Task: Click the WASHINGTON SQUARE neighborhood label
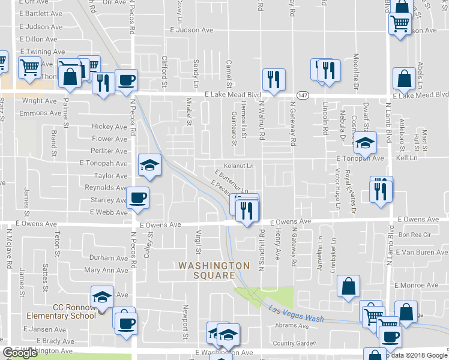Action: (213, 270)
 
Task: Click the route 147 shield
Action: (304, 95)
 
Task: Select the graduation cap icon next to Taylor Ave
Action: (150, 164)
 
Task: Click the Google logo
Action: (20, 353)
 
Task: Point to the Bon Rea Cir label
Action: (411, 235)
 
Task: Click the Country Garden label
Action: (294, 343)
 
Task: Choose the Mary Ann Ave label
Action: (106, 271)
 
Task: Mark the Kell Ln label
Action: (406, 158)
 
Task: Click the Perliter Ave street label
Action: (109, 151)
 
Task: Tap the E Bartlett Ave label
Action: (41, 13)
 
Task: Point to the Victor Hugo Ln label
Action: (338, 192)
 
